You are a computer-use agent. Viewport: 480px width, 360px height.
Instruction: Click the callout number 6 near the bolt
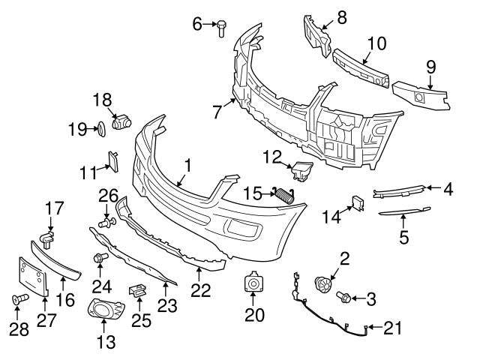tap(198, 24)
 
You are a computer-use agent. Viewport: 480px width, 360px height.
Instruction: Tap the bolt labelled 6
tap(221, 28)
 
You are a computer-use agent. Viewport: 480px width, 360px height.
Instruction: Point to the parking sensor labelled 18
tap(120, 121)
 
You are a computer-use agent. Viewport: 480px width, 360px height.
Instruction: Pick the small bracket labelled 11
tap(114, 160)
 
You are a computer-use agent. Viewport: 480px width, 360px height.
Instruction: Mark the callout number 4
tap(448, 190)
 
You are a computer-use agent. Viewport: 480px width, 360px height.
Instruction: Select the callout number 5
tap(403, 239)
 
